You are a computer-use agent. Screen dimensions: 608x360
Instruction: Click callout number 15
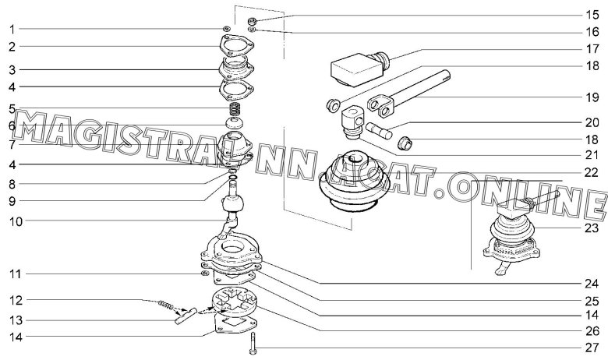click(x=592, y=15)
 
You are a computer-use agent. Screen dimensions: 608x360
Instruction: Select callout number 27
click(x=592, y=348)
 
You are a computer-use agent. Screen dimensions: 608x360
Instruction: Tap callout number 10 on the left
click(x=16, y=221)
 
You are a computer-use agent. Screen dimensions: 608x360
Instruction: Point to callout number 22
click(x=592, y=172)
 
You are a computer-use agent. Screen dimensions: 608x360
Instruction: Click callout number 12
click(x=16, y=300)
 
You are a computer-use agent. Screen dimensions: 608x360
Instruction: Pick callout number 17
click(x=592, y=49)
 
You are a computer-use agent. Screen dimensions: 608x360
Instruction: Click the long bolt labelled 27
click(x=253, y=344)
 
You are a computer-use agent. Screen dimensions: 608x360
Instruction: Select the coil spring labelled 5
click(x=235, y=109)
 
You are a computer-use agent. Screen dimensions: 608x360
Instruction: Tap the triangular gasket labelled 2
click(x=236, y=48)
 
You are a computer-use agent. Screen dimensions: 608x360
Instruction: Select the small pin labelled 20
click(x=379, y=130)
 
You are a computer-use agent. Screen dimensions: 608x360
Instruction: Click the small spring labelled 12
click(x=165, y=305)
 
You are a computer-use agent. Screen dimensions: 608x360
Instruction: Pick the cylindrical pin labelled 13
click(x=186, y=316)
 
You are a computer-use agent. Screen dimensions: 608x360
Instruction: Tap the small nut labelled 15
click(x=252, y=20)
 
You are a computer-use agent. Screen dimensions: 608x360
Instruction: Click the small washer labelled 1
click(x=226, y=29)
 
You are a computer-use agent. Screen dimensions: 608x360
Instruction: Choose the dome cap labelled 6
click(x=235, y=124)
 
